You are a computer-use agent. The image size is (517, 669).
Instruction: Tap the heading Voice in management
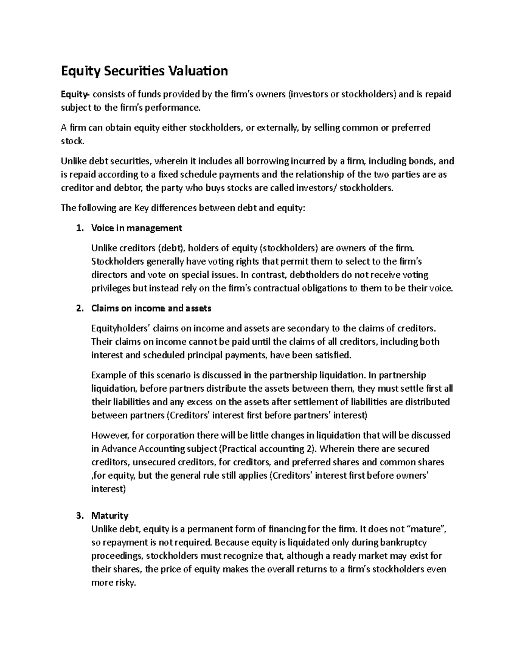tap(137, 228)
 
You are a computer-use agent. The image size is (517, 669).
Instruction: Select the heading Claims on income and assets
tap(151, 308)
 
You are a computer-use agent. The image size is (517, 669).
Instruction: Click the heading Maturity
tap(110, 516)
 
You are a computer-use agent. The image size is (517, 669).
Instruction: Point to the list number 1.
tap(78, 228)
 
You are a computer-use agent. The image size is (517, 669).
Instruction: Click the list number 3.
tap(78, 516)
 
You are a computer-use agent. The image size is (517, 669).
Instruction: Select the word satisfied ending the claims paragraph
tap(333, 355)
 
